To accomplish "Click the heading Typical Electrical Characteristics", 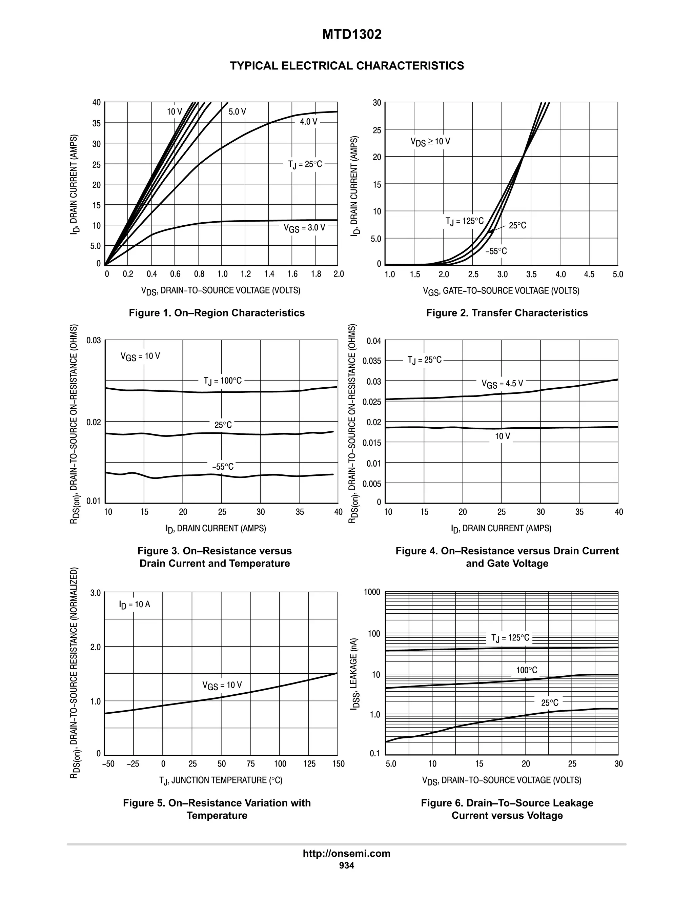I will [347, 66].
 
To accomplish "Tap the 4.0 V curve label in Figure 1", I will [308, 122].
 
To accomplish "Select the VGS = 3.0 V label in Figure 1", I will [304, 228].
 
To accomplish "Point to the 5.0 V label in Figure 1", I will [237, 112].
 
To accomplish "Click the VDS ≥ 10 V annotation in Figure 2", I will [430, 142].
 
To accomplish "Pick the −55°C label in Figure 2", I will [496, 251].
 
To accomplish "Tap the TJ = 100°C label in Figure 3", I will [222, 381].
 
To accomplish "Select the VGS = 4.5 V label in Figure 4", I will [502, 384].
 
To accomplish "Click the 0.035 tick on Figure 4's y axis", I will [372, 361].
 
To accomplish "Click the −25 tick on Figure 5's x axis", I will [133, 764].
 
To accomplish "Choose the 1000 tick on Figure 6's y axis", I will [372, 592].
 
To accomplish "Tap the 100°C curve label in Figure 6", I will [526, 671].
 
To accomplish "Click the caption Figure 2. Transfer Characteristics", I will [507, 313].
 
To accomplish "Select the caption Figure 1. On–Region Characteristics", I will [217, 313].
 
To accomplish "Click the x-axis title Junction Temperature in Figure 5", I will [221, 780].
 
